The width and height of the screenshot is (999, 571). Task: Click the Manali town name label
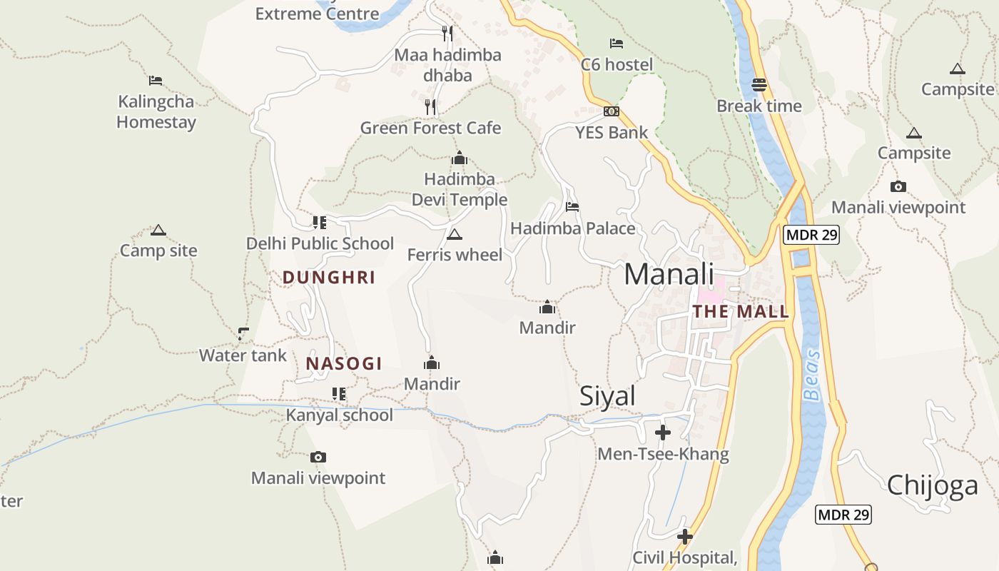(669, 274)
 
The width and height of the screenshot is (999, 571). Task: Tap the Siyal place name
(607, 395)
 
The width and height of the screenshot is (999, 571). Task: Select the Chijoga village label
(932, 485)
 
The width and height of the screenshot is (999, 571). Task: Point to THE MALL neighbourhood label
(741, 312)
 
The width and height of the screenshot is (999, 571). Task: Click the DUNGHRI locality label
(329, 278)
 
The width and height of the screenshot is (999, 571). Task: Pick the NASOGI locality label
(344, 363)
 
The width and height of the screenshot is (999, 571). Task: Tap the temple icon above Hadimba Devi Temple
(459, 158)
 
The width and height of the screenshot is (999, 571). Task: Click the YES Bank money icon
(612, 111)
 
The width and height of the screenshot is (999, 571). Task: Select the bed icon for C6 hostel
(617, 44)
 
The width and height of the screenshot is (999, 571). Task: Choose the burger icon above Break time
(759, 85)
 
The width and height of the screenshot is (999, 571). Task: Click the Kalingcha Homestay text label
(156, 112)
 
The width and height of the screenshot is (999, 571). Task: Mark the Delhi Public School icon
(320, 223)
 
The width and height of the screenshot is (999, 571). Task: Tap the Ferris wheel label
(455, 255)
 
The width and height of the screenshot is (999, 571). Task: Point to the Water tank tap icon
(243, 333)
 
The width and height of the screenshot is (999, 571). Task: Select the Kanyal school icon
(339, 394)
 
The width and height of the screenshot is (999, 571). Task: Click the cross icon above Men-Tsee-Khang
(663, 433)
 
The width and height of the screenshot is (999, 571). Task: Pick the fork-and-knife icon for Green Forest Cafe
(430, 107)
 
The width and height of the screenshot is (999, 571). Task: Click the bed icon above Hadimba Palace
(572, 207)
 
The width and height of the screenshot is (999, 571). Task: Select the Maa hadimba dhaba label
(447, 65)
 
